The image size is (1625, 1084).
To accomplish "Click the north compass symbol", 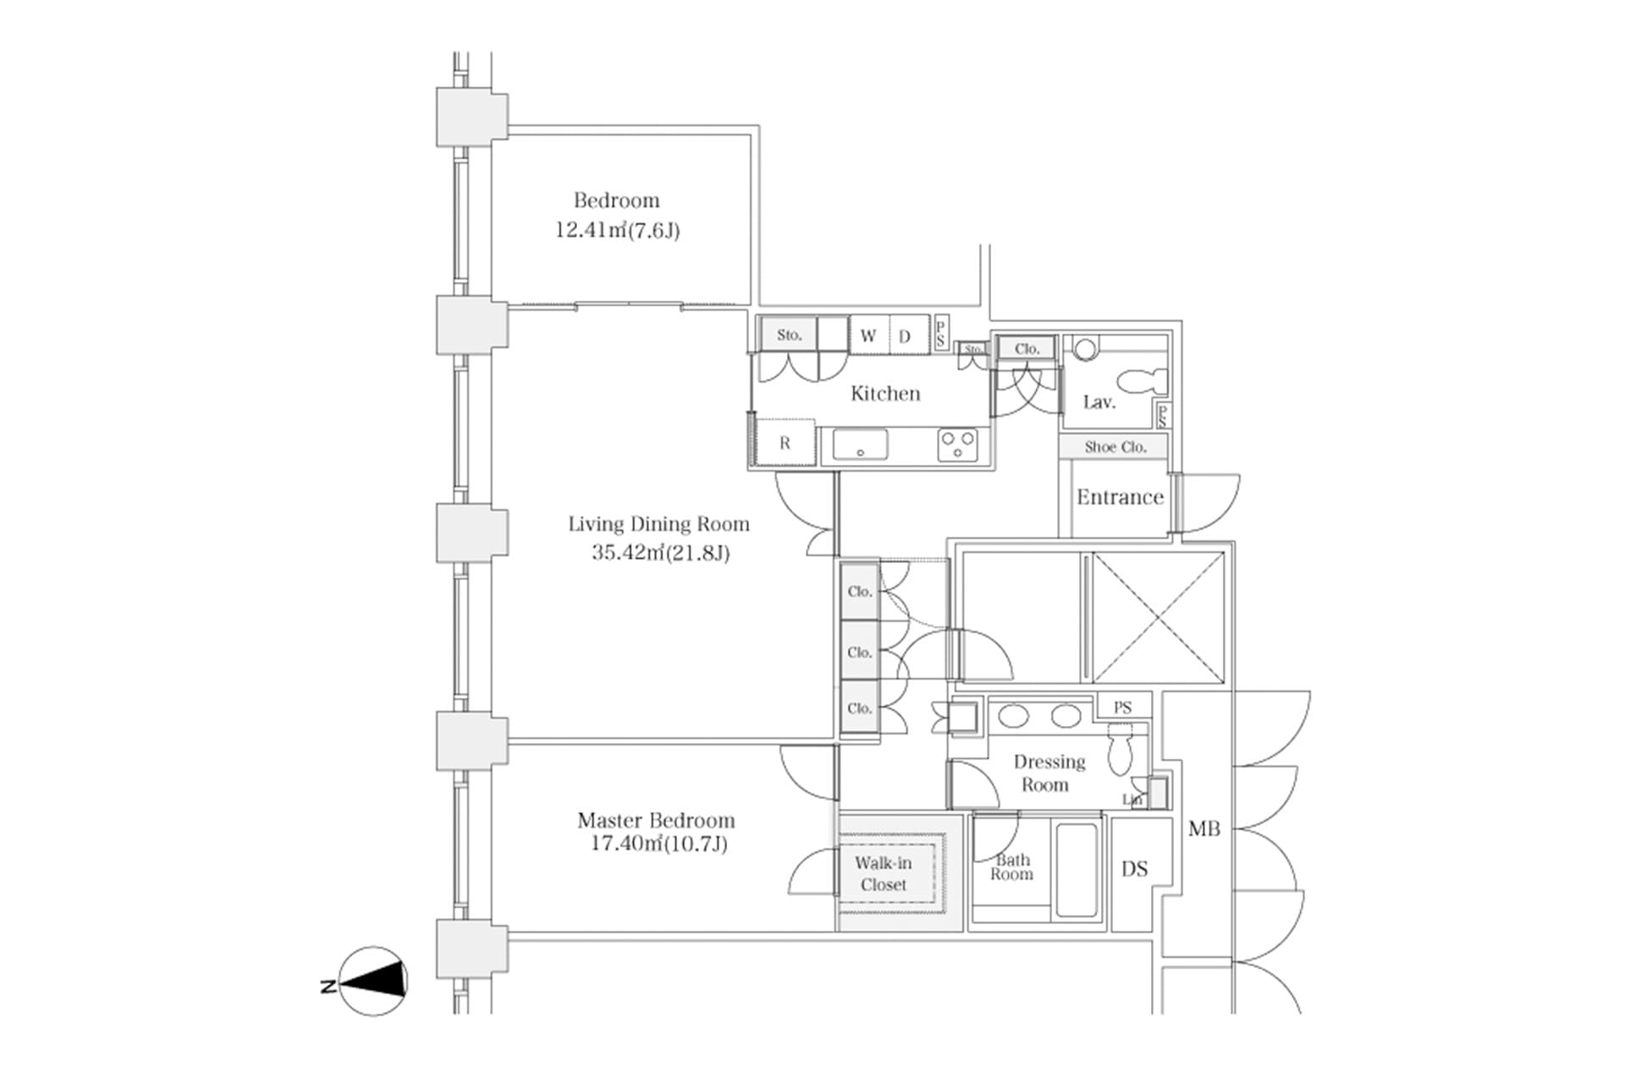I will (x=373, y=981).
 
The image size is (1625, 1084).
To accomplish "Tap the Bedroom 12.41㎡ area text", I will (x=617, y=230).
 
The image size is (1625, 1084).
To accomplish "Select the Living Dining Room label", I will (x=658, y=524).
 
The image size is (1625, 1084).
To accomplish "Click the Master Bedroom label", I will (x=656, y=820).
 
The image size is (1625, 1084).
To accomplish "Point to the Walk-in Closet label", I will (x=883, y=873).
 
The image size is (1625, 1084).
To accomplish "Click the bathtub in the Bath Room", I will (x=1077, y=870).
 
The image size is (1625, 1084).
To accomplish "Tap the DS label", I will (x=1134, y=869).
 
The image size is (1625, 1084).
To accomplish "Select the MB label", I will (x=1204, y=829).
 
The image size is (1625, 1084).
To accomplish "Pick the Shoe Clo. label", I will (x=1115, y=447).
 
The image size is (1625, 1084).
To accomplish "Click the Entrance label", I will (x=1120, y=497).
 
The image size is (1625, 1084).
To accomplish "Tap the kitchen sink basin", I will (x=860, y=445).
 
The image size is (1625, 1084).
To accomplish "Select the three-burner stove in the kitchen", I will (x=958, y=445).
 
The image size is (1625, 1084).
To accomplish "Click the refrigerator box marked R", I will (x=785, y=443).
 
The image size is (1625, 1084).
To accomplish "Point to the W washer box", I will (x=868, y=335).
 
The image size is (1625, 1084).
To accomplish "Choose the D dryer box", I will (x=905, y=335).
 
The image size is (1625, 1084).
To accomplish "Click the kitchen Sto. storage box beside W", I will (x=789, y=335).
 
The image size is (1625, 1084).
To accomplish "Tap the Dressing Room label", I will (x=1049, y=772).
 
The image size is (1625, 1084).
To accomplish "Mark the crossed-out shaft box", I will (x=1158, y=617).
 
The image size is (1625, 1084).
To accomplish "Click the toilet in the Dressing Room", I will (x=1119, y=753).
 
